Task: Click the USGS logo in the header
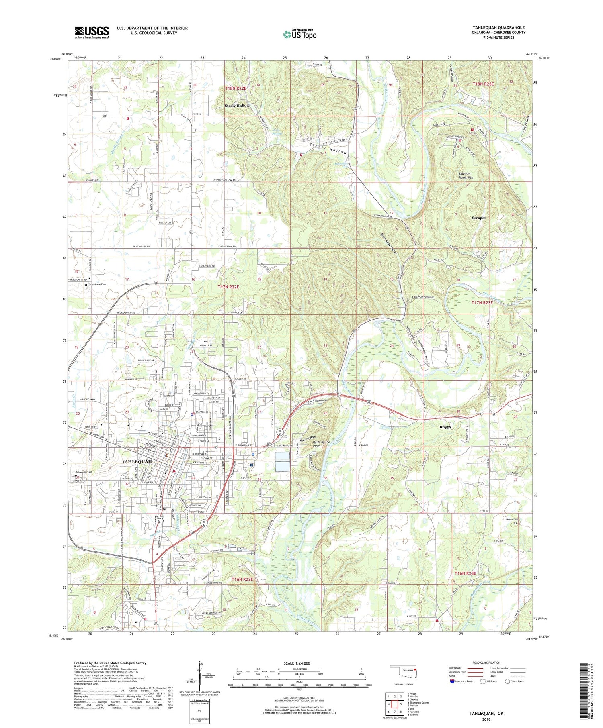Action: [92, 32]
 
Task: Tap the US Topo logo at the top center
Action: [299, 35]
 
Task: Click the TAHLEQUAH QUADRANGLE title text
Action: [498, 27]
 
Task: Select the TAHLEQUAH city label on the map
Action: [137, 462]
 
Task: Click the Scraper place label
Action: [479, 218]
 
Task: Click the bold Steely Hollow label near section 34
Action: [237, 106]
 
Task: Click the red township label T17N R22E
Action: [228, 287]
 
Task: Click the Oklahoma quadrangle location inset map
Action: [404, 671]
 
